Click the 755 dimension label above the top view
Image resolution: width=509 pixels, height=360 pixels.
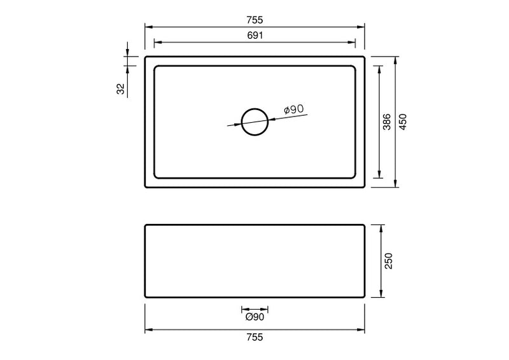(254, 20)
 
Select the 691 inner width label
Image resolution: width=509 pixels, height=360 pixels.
(254, 36)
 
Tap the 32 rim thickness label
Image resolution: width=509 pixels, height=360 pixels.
(121, 89)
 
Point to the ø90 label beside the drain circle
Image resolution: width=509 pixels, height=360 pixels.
(293, 109)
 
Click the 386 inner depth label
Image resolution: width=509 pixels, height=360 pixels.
(387, 122)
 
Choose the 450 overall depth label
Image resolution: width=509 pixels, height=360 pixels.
(403, 122)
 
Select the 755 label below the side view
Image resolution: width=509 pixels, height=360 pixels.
(254, 337)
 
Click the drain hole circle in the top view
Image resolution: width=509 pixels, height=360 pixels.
(255, 121)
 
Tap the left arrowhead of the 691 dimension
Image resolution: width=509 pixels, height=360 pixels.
(158, 43)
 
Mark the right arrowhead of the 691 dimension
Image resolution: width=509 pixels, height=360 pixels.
(352, 43)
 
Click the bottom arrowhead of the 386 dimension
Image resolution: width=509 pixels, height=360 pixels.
(380, 175)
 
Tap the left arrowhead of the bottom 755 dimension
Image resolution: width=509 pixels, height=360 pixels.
(149, 329)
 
